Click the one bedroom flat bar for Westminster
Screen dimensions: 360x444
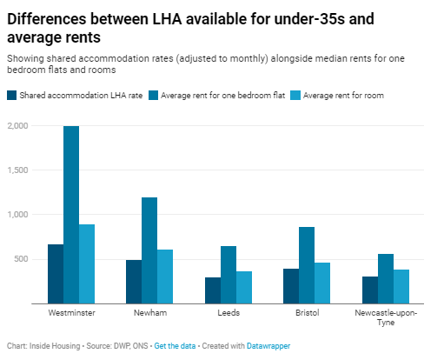pyautogui.click(x=71, y=215)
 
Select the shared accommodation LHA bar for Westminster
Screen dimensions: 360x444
pyautogui.click(x=56, y=274)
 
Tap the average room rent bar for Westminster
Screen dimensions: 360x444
pyautogui.click(x=87, y=264)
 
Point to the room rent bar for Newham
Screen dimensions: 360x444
pyautogui.click(x=165, y=277)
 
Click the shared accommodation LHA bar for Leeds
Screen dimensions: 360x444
pyautogui.click(x=212, y=290)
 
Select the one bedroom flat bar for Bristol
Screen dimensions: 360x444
pyautogui.click(x=306, y=265)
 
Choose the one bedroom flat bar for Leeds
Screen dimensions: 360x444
pyautogui.click(x=228, y=275)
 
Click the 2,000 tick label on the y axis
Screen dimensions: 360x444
pyautogui.click(x=17, y=126)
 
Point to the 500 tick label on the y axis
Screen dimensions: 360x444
pyautogui.click(x=21, y=259)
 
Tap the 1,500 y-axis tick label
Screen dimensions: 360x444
pyautogui.click(x=17, y=170)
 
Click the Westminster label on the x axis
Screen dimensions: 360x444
pyautogui.click(x=71, y=311)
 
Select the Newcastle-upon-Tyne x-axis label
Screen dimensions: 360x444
pyautogui.click(x=384, y=316)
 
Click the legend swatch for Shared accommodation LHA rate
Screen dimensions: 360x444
pyautogui.click(x=11, y=95)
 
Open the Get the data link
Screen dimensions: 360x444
pyautogui.click(x=174, y=345)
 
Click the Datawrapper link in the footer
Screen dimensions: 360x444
pyautogui.click(x=266, y=345)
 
